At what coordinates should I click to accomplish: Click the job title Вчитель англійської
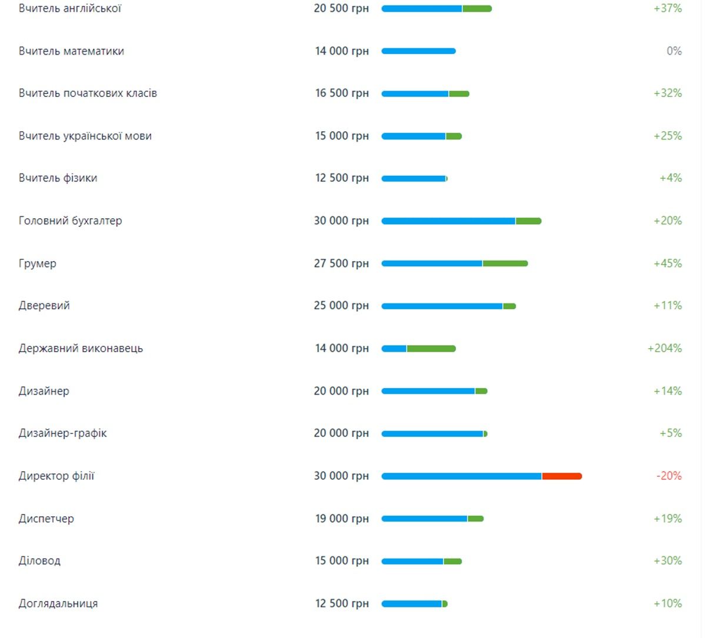70,9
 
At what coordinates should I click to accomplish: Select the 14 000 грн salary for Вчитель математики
342,51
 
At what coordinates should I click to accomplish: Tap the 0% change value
674,51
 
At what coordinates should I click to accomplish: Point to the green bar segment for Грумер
505,263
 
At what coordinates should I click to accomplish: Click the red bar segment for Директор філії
561,476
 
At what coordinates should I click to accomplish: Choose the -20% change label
669,476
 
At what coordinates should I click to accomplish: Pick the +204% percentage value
664,348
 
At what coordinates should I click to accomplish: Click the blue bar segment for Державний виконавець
394,349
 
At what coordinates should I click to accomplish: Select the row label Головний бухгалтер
70,221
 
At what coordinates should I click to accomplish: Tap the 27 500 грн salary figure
341,263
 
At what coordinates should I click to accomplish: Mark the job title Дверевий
44,306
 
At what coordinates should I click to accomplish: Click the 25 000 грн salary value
341,306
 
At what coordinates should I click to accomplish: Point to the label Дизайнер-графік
63,433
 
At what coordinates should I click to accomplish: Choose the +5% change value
670,433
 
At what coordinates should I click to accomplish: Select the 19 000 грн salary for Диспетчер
341,519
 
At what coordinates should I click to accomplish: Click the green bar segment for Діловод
452,562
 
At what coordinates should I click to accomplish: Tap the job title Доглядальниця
58,604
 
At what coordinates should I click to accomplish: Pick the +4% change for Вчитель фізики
670,178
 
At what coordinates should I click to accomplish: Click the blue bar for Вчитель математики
418,51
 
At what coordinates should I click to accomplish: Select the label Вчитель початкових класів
88,93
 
